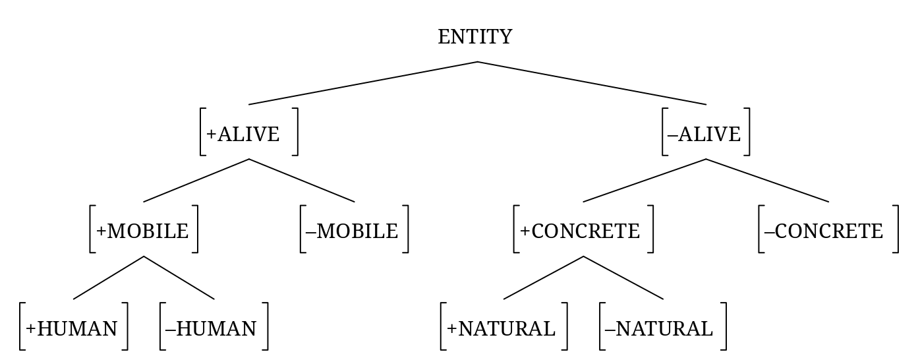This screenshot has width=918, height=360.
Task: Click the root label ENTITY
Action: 474,37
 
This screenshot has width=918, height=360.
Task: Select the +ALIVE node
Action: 243,134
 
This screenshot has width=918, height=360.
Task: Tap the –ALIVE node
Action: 704,134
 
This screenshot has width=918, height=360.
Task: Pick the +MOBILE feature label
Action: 143,231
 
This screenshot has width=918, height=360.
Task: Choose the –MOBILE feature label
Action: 353,231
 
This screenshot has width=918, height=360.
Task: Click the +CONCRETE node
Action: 580,231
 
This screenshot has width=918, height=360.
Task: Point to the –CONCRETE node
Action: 824,231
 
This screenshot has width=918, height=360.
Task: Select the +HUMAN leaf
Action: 72,328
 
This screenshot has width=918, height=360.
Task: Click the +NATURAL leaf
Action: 502,328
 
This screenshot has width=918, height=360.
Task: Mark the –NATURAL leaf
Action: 659,328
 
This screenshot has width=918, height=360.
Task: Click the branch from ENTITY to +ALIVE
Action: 362,83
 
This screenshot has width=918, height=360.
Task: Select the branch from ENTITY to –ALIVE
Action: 592,83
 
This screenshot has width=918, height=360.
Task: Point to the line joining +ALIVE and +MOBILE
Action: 196,180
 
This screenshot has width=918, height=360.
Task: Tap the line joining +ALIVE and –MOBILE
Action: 302,180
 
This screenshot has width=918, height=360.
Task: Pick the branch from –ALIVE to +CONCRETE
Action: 645,180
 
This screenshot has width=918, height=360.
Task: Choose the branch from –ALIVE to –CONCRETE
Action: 767,180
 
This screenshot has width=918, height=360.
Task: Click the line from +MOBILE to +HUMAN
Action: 109,278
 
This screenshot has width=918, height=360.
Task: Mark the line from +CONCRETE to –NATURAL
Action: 623,278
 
